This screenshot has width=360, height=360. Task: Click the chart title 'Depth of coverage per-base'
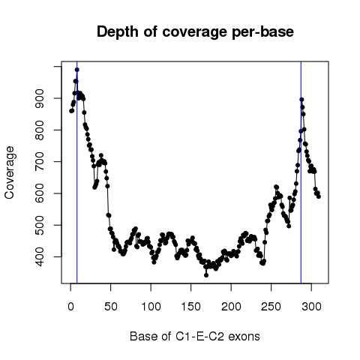(x=195, y=31)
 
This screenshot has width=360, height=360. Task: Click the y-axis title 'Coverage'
(x=10, y=172)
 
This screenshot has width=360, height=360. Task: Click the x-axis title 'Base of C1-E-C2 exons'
(x=195, y=336)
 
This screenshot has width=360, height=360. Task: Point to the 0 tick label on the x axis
(x=70, y=307)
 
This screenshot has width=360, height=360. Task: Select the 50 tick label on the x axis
(x=111, y=307)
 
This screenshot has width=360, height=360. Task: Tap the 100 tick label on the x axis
(x=151, y=307)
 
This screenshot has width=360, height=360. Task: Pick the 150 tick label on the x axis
(x=191, y=307)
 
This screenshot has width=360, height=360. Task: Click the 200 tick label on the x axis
(x=231, y=307)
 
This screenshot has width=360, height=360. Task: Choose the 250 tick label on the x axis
(x=271, y=307)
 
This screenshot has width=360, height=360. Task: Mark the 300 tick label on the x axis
(x=311, y=307)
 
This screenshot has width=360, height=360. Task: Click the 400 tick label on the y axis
(x=40, y=256)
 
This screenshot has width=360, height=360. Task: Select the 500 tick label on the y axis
(x=40, y=225)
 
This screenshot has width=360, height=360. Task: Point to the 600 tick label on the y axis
(x=40, y=193)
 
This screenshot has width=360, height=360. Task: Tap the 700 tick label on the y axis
(x=40, y=162)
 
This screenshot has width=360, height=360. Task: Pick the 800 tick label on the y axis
(x=40, y=130)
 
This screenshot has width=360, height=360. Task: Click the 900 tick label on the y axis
(x=40, y=98)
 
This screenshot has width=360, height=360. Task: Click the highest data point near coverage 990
(x=77, y=70)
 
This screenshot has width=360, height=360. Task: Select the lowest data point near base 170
(x=206, y=275)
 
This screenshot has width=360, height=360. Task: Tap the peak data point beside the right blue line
(x=301, y=100)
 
